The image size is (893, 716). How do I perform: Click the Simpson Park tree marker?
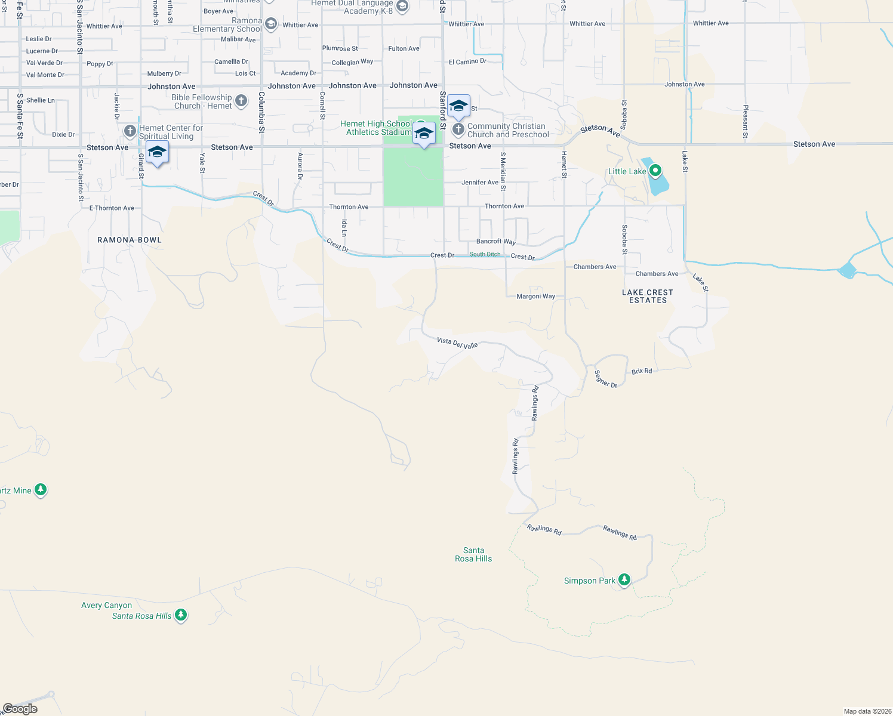point(624,579)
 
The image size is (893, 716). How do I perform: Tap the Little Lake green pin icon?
point(655,171)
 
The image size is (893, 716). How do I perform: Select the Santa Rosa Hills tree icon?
point(181,615)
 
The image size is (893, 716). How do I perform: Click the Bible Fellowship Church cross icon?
point(241,101)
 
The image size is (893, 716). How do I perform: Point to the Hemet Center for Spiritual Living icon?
point(130,131)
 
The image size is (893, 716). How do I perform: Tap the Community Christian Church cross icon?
point(458,129)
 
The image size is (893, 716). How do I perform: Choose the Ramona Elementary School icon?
point(271,24)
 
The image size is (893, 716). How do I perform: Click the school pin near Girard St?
point(157,153)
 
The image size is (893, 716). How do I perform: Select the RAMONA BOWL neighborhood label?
point(130,240)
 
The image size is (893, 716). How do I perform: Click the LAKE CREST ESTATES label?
point(648,297)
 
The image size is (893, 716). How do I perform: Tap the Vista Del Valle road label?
point(457,343)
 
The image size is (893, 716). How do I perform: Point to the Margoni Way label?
point(535,297)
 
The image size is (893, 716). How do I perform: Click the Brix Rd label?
point(642,371)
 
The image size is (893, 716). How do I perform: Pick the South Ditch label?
point(485,254)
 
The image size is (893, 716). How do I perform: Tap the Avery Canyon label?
point(106,605)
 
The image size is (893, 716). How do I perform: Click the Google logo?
point(20,709)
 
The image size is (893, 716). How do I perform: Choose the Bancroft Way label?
point(495,242)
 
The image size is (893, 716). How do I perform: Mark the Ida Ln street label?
point(344,228)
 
